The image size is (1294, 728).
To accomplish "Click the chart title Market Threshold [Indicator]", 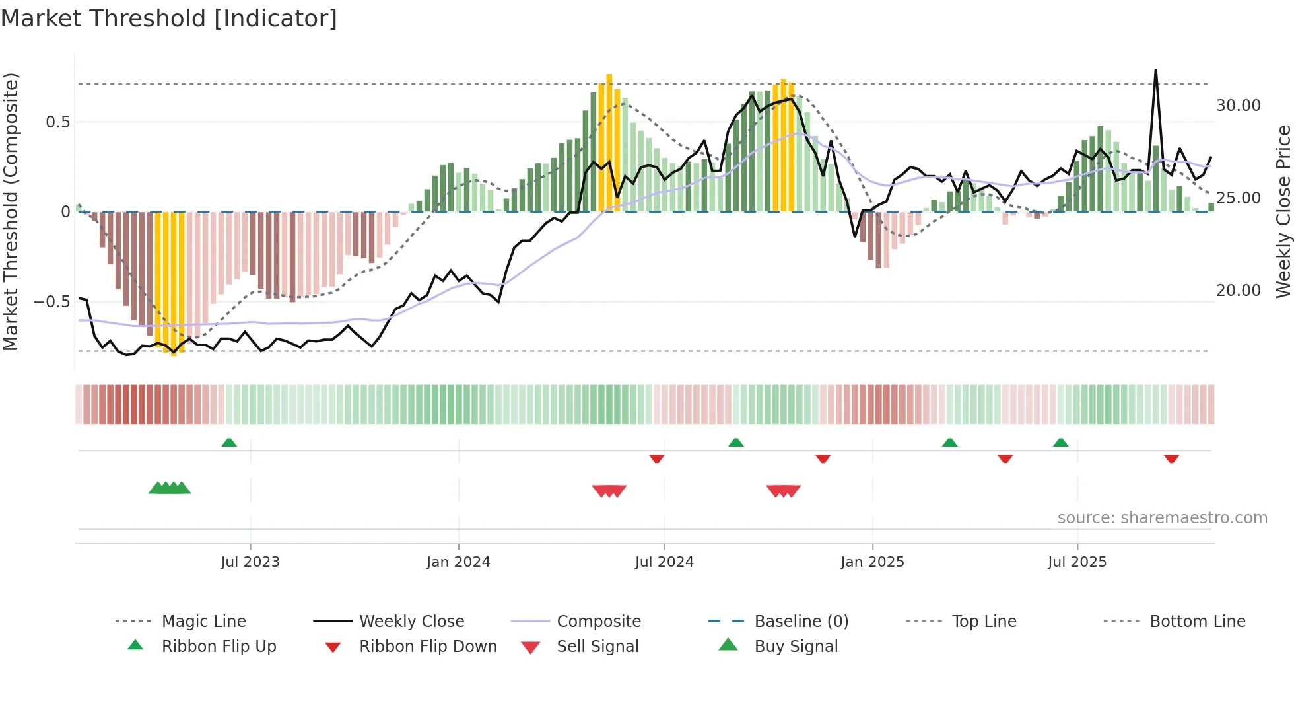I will [169, 18].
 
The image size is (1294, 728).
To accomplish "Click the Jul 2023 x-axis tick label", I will [250, 562].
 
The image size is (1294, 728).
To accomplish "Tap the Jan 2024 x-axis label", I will [458, 562].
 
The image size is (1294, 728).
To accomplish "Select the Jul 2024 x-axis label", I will [664, 562].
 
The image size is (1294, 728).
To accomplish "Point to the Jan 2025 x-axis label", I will [872, 562].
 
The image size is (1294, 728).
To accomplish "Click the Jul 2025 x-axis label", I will [1077, 562].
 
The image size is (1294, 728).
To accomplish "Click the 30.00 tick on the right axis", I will [1238, 106].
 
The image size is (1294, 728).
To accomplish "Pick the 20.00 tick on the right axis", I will [1238, 291].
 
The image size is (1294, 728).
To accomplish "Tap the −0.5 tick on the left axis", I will [52, 302].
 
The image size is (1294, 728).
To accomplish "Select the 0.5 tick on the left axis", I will [57, 122].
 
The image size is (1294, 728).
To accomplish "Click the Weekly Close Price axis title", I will [1283, 211].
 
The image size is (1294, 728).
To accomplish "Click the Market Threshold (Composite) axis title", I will [11, 211].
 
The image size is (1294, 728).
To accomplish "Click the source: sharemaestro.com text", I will [1162, 518].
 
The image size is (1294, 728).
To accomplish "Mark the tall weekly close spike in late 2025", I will [1155, 71].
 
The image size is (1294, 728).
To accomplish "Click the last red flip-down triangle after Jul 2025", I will [1171, 458].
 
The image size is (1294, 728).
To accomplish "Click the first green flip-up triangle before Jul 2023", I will [229, 442].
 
